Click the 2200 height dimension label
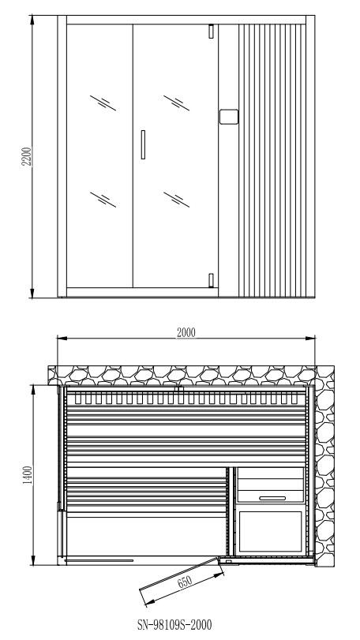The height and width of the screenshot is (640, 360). (27, 156)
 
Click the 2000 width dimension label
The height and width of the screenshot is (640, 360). (186, 333)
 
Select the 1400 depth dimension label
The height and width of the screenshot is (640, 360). (28, 475)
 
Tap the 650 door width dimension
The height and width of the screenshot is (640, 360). (185, 582)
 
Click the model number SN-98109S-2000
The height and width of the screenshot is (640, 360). (174, 625)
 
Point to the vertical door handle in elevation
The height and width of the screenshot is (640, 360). (143, 144)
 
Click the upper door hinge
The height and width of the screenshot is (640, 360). (211, 32)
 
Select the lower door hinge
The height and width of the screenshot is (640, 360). (211, 280)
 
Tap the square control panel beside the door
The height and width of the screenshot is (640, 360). (229, 117)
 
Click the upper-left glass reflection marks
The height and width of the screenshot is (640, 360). (103, 103)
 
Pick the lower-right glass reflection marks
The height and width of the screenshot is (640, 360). (176, 200)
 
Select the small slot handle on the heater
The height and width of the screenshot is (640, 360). (272, 498)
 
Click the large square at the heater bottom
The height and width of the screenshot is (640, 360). (270, 531)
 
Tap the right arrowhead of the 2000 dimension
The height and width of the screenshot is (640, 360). (310, 338)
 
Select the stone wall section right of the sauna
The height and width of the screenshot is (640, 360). (325, 466)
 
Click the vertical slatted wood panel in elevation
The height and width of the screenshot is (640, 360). (272, 160)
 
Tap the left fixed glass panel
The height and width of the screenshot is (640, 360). (99, 156)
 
